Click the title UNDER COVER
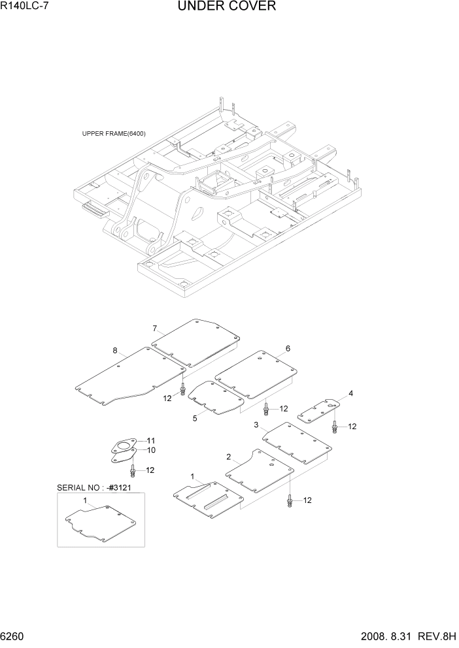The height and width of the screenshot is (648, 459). point(226,7)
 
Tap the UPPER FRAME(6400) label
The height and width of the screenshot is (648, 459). point(114,134)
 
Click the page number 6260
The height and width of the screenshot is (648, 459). point(14,637)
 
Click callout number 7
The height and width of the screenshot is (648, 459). point(155,328)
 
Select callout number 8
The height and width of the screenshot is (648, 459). point(115,351)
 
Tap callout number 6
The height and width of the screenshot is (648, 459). point(287,349)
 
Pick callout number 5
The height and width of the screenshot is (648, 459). point(194,418)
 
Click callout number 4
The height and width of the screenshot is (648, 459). point(350,393)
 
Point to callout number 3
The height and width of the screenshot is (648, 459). point(256,425)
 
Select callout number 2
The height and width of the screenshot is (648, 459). point(228,457)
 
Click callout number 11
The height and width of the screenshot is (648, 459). point(150,440)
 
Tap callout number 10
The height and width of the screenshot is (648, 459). point(150,450)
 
